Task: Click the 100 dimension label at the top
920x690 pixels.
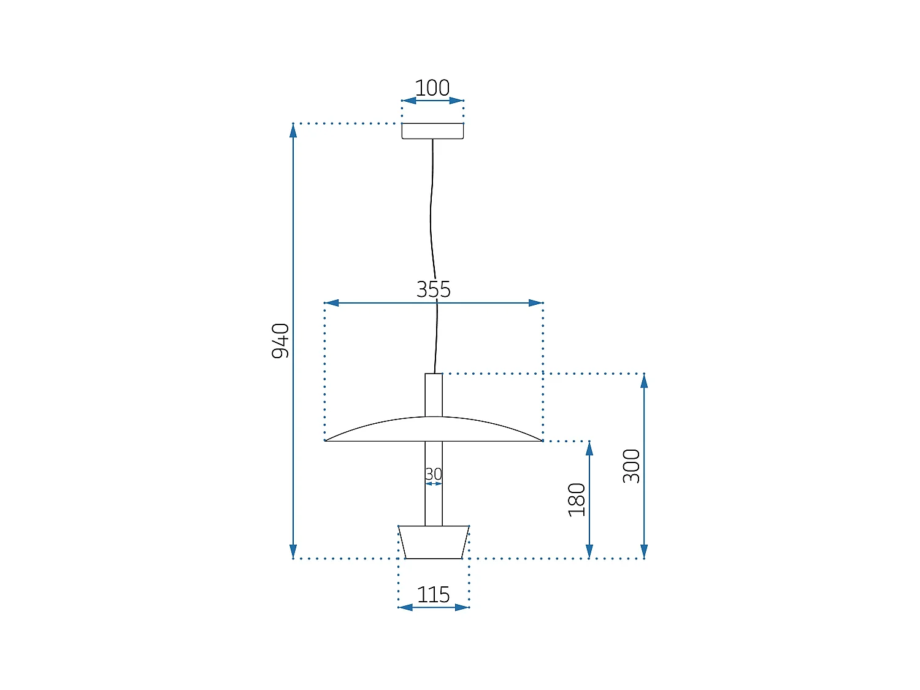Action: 432,88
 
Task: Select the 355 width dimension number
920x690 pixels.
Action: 434,289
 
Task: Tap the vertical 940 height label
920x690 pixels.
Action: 280,341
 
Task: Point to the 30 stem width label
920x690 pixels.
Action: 434,474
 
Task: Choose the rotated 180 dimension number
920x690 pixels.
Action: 577,500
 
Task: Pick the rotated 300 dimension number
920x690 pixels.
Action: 632,466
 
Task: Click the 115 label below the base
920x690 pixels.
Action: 434,594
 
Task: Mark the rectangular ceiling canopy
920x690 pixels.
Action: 432,131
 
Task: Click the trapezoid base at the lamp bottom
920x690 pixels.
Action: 434,542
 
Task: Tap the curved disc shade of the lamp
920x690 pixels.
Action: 434,429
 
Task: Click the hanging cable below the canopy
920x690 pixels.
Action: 431,209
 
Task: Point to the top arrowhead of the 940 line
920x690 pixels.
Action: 293,131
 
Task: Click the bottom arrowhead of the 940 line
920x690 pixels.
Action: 293,551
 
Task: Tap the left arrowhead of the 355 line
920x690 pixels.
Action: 332,303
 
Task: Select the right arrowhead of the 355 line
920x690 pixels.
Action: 535,303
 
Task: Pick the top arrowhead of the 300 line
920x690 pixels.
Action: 644,381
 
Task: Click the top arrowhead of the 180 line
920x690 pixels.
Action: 589,448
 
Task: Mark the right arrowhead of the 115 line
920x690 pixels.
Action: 462,607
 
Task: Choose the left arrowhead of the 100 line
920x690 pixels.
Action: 409,101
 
